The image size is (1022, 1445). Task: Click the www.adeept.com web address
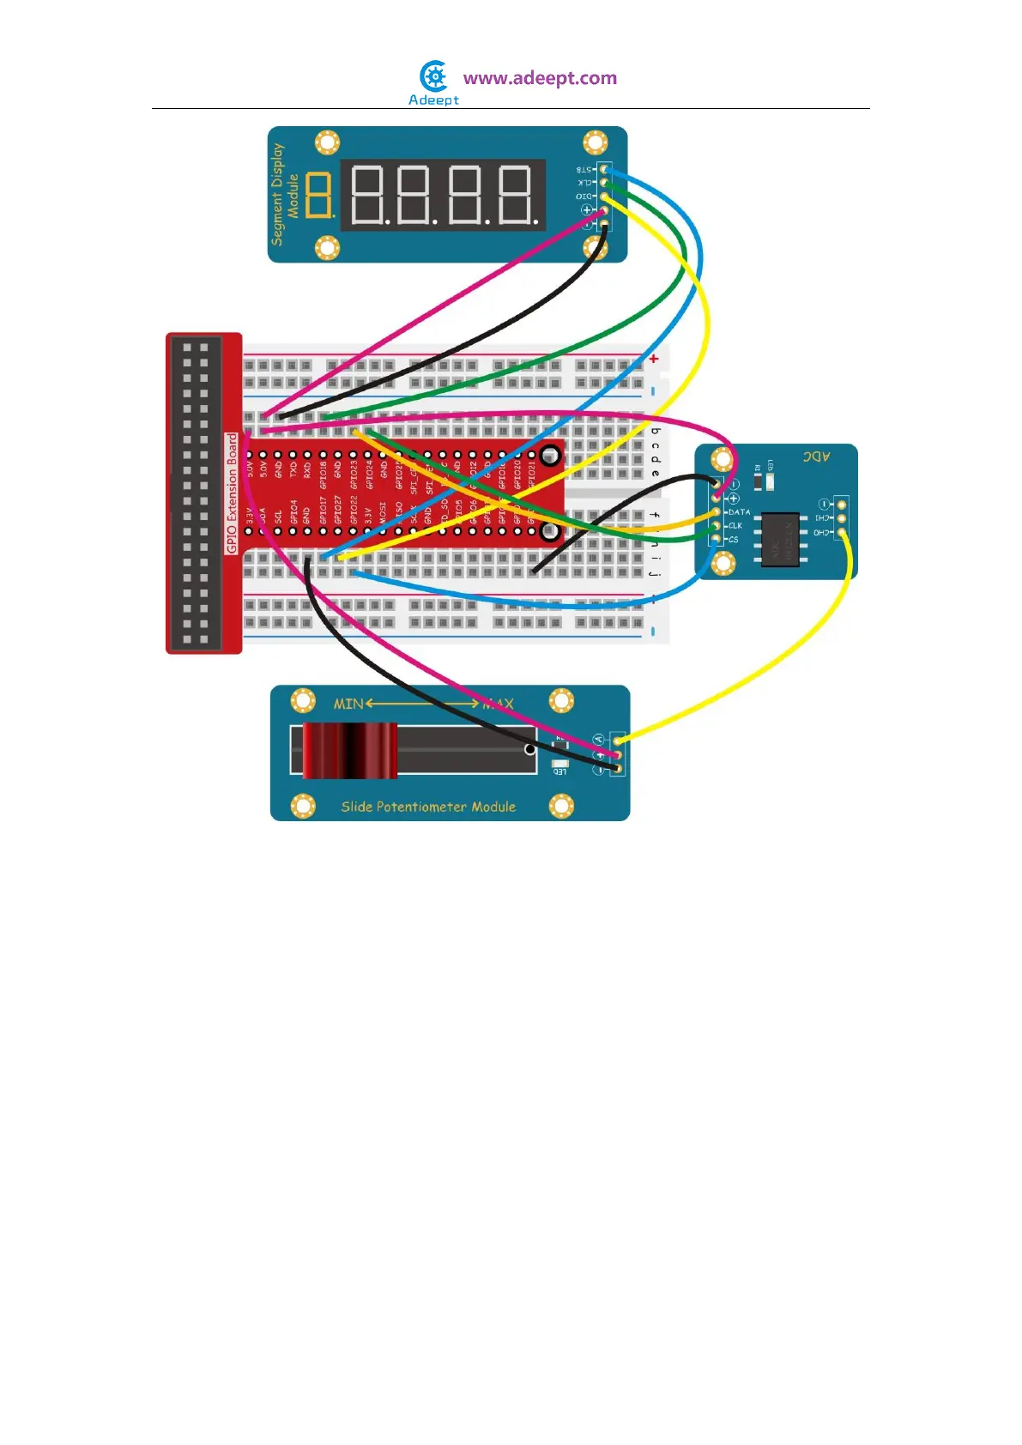click(x=540, y=78)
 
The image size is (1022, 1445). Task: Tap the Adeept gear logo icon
click(x=434, y=76)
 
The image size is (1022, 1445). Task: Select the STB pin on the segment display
click(x=604, y=169)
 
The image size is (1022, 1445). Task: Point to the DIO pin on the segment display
click(x=603, y=196)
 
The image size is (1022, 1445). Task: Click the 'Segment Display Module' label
click(x=284, y=194)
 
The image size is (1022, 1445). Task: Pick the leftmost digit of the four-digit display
click(x=366, y=195)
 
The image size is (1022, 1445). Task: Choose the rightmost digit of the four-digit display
click(x=517, y=195)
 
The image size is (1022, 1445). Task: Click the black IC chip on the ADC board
click(x=781, y=539)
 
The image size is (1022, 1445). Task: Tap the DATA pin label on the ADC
click(x=738, y=512)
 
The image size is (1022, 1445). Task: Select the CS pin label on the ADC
click(x=733, y=540)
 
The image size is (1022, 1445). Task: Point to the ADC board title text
click(x=816, y=456)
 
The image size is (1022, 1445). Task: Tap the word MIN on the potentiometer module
click(x=348, y=704)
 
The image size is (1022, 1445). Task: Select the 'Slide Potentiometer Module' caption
click(x=428, y=807)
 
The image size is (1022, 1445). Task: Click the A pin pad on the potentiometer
click(x=617, y=740)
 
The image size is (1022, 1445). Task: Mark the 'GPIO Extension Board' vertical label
click(x=232, y=493)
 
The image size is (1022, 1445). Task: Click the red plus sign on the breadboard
click(x=654, y=359)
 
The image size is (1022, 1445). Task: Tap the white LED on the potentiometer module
click(x=559, y=763)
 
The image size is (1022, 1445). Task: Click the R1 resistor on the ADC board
click(x=758, y=480)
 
